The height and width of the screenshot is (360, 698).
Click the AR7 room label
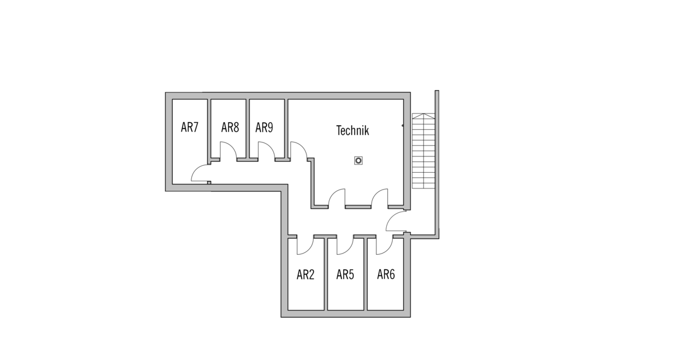[x=190, y=127]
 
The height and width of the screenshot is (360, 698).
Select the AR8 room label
[x=230, y=127]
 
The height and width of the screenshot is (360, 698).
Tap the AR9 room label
[x=264, y=127]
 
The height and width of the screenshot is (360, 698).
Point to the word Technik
[x=352, y=130]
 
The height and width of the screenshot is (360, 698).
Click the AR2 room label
[x=305, y=275]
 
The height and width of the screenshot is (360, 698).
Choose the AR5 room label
[x=345, y=275]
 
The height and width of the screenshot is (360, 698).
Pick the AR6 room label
[x=386, y=275]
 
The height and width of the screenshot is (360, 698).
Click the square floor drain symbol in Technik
[x=358, y=161]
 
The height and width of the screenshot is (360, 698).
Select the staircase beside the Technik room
[x=423, y=151]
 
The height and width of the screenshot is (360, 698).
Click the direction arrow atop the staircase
[x=423, y=116]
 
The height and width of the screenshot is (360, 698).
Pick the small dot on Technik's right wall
[x=403, y=126]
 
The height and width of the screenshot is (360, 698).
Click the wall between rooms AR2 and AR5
[x=326, y=274]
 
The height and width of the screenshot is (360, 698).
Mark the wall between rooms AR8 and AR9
[x=248, y=129]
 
